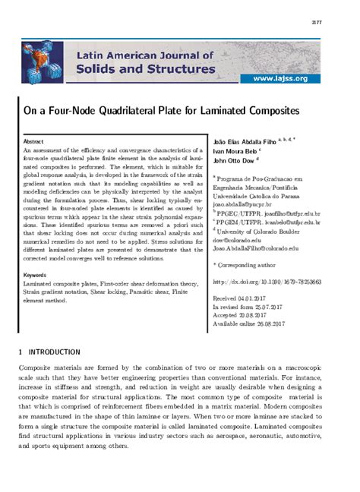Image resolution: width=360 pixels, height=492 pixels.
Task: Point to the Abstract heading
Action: tap(33, 142)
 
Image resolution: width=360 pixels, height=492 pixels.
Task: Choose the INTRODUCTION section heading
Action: tap(53, 352)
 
